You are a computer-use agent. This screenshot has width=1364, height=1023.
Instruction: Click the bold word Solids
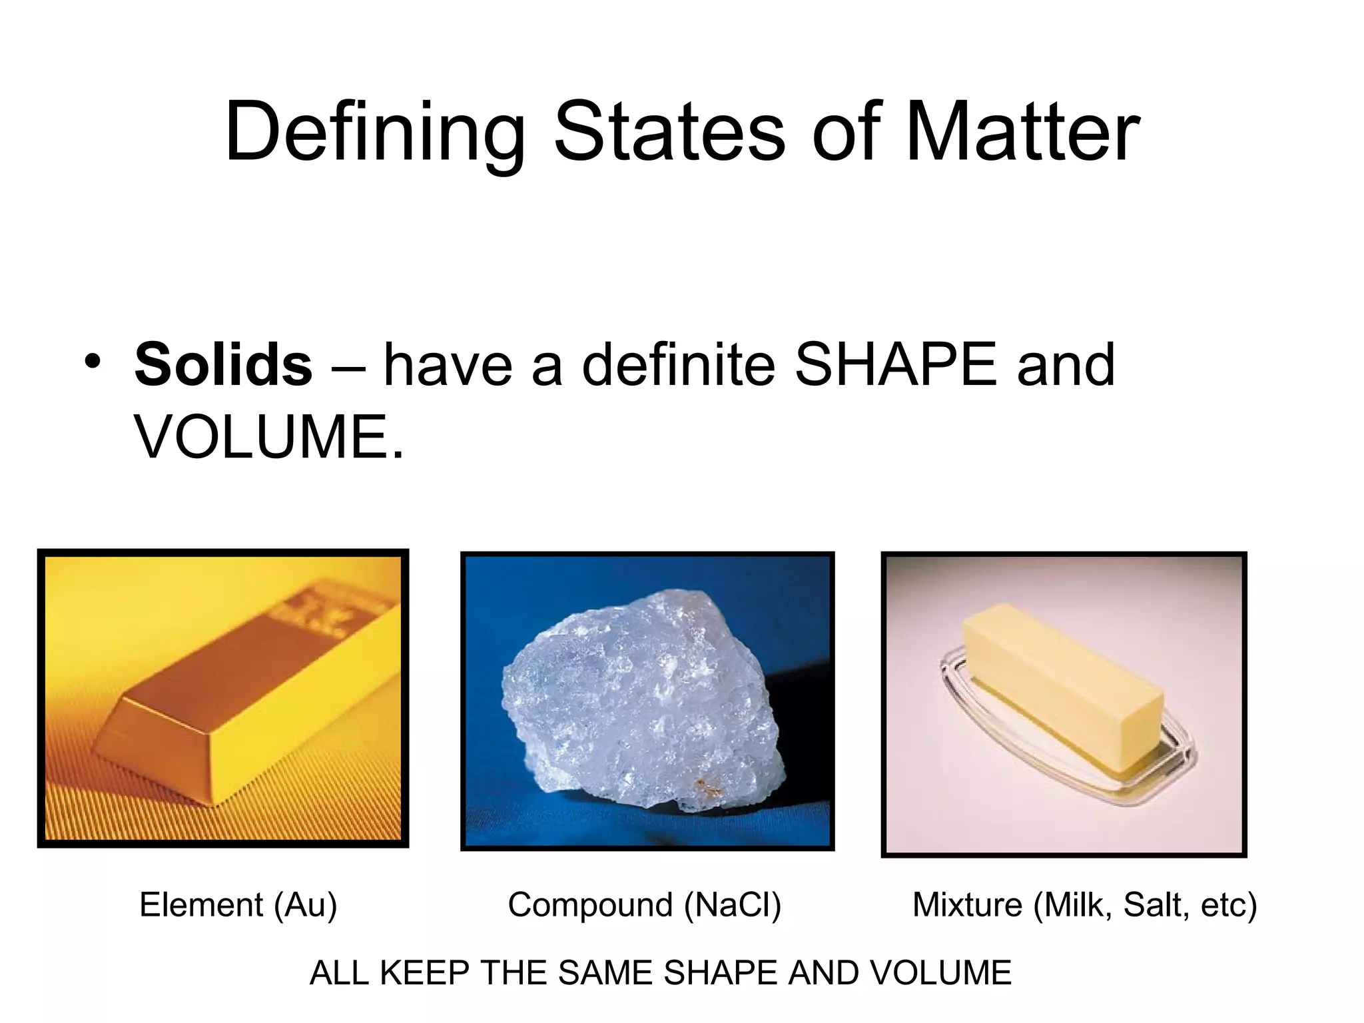(223, 364)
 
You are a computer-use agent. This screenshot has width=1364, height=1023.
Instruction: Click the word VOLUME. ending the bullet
(269, 437)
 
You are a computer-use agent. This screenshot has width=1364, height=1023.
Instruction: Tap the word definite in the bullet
(679, 364)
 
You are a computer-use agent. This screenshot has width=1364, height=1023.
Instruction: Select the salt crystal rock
(639, 699)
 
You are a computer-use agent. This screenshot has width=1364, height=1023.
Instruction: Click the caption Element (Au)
(238, 905)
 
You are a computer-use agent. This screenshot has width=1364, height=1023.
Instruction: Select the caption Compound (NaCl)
(644, 905)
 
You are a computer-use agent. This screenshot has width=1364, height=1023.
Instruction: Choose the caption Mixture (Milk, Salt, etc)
(1084, 905)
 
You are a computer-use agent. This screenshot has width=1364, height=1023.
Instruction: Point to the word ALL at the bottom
(340, 973)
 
